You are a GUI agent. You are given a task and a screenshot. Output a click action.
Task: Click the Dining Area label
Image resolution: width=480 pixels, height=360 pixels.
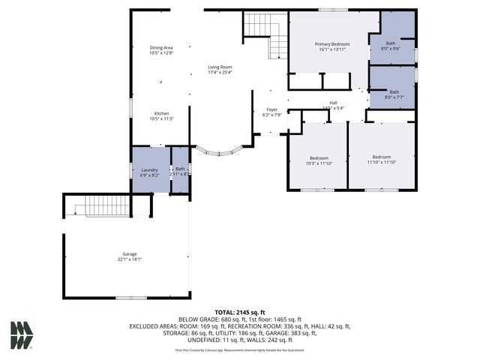pyautogui.click(x=161, y=48)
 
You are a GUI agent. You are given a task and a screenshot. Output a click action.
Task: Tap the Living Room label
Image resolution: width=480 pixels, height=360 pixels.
pyautogui.click(x=220, y=67)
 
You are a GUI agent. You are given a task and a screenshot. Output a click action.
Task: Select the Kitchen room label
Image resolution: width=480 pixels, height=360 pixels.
pyautogui.click(x=161, y=113)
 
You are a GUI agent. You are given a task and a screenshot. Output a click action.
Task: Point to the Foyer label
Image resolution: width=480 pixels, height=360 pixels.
pyautogui.click(x=271, y=109)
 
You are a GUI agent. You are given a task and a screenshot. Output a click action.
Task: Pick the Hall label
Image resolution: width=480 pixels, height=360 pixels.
pyautogui.click(x=334, y=103)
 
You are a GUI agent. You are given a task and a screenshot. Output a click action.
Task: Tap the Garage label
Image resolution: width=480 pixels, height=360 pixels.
pyautogui.click(x=130, y=254)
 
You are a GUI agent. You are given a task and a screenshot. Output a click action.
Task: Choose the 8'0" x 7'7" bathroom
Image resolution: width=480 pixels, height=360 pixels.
pyautogui.click(x=391, y=87)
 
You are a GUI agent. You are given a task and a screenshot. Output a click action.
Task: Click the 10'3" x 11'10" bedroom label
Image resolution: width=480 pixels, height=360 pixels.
pyautogui.click(x=319, y=157)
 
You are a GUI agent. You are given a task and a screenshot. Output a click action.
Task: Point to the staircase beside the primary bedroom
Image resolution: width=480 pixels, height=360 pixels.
pyautogui.click(x=267, y=34)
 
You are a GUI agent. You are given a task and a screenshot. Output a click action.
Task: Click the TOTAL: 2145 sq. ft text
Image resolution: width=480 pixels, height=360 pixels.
pyautogui.click(x=240, y=311)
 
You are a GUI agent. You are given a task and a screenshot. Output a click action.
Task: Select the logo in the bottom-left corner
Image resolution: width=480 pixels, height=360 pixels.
pyautogui.click(x=21, y=335)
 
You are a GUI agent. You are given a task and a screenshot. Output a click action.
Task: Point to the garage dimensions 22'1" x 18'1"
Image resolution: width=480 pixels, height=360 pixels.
pyautogui.click(x=130, y=259)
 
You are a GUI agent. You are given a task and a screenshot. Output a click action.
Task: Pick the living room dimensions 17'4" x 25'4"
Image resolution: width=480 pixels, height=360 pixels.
pyautogui.click(x=220, y=73)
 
